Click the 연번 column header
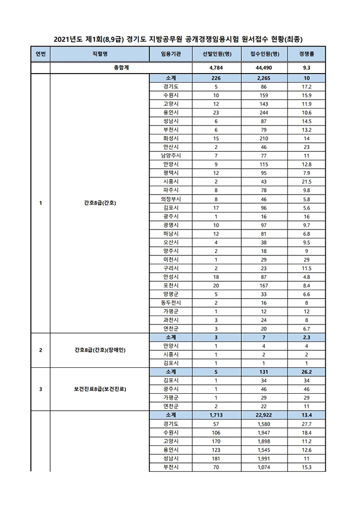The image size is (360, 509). [x=40, y=55]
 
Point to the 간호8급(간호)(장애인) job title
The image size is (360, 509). [x=100, y=350]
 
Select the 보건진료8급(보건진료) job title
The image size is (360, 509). [x=100, y=389]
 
